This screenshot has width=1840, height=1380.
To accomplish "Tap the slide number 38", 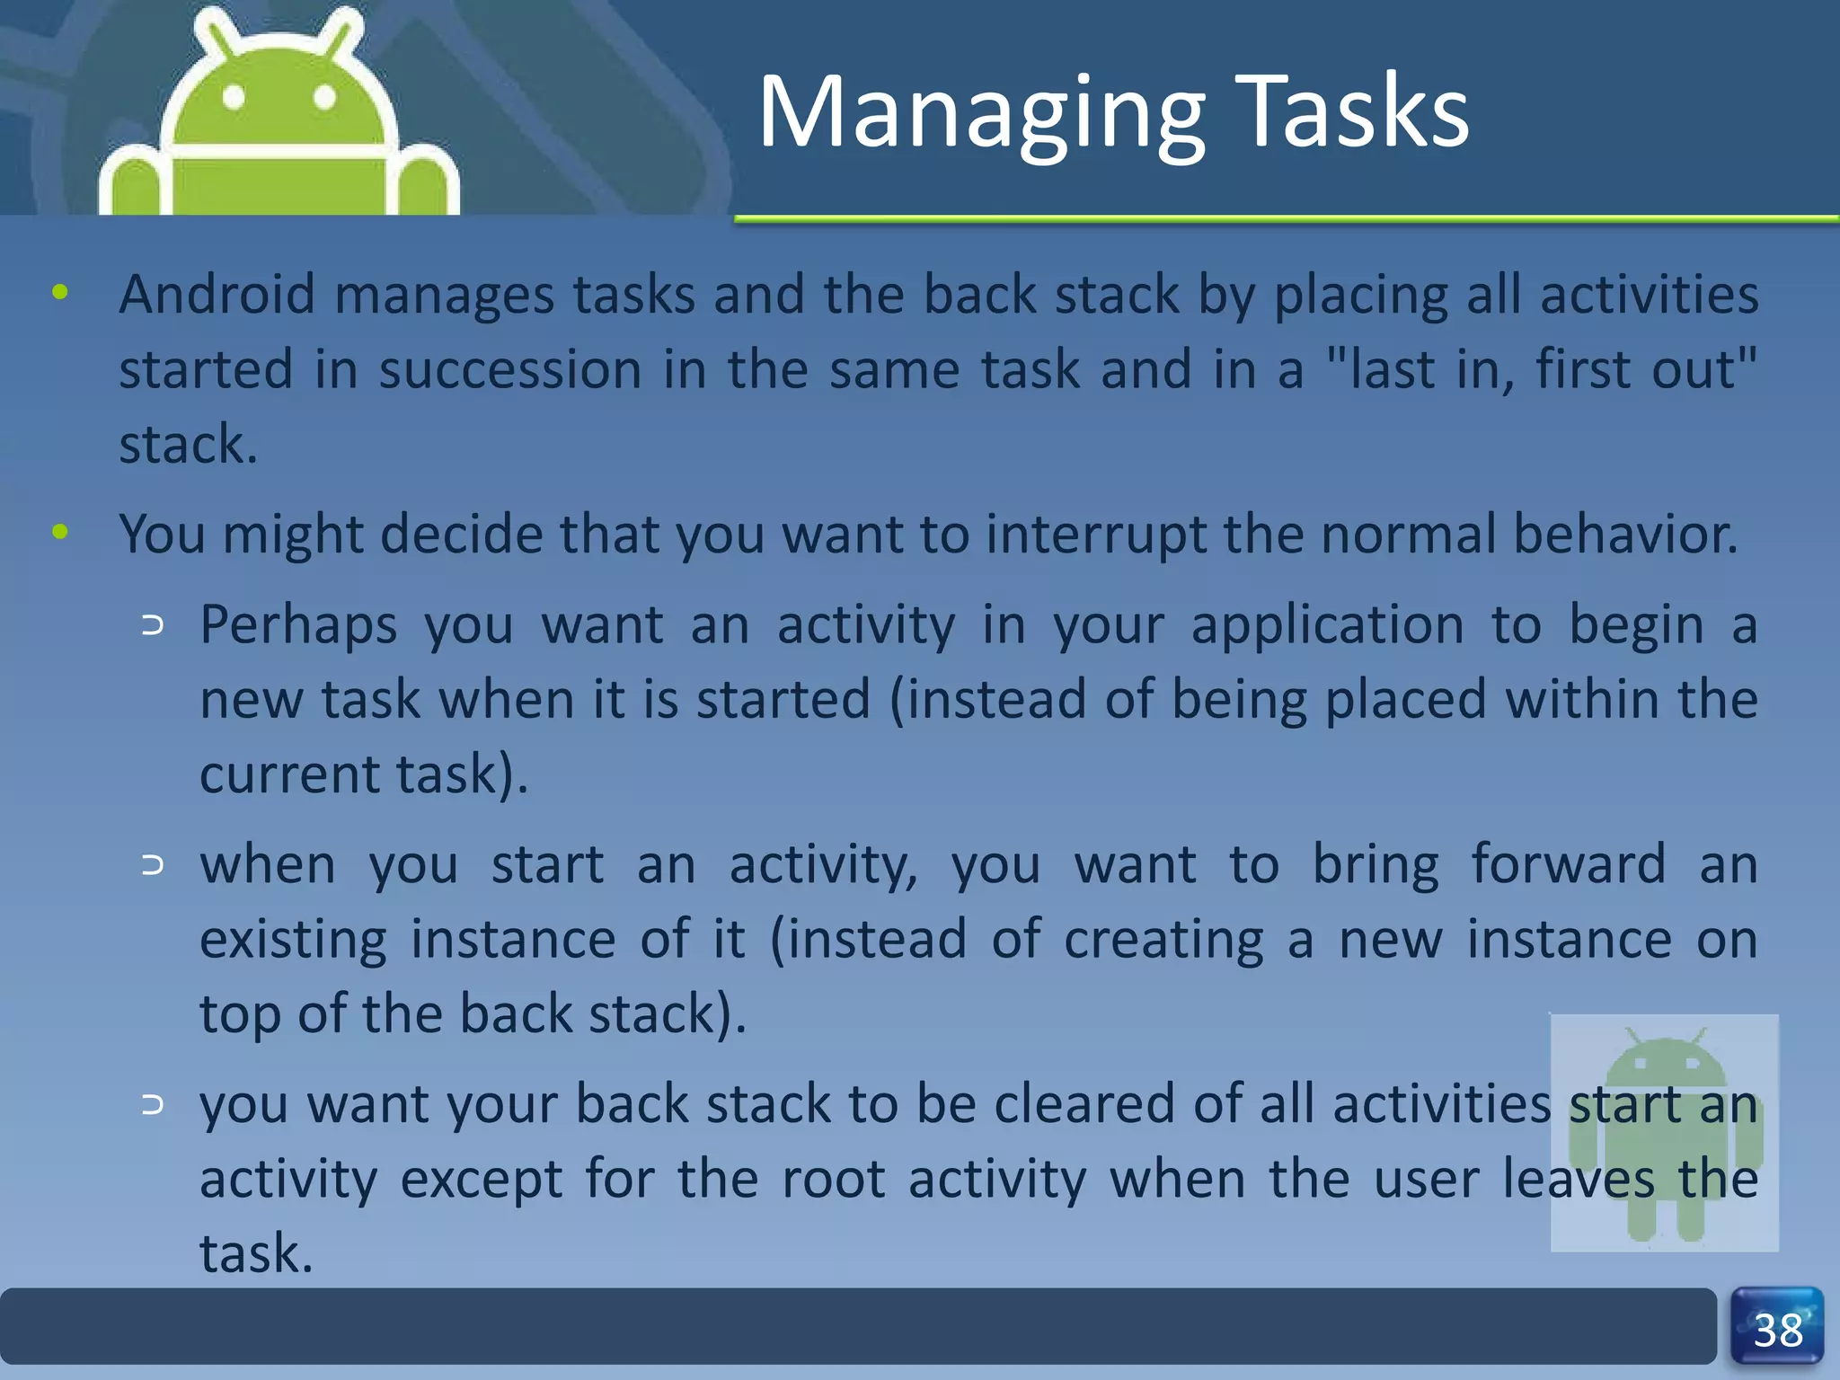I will [x=1777, y=1330].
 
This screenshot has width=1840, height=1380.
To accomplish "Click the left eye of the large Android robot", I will [x=234, y=97].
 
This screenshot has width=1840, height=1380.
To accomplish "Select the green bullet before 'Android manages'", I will [x=60, y=292].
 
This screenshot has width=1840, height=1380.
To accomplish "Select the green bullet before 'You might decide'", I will [x=60, y=532].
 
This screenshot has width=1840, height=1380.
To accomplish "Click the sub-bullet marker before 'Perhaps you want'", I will [x=153, y=625].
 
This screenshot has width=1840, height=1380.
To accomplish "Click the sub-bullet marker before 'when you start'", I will [x=153, y=865].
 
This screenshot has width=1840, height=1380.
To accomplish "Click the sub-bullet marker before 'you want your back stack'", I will [x=153, y=1104].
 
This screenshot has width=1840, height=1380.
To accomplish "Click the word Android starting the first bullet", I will [x=217, y=294].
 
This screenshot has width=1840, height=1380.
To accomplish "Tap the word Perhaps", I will [x=297, y=626].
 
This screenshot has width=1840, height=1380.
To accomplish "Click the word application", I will [x=1327, y=626].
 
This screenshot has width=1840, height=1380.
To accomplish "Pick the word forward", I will [x=1567, y=864].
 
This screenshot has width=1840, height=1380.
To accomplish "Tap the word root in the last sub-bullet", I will [x=833, y=1179].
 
